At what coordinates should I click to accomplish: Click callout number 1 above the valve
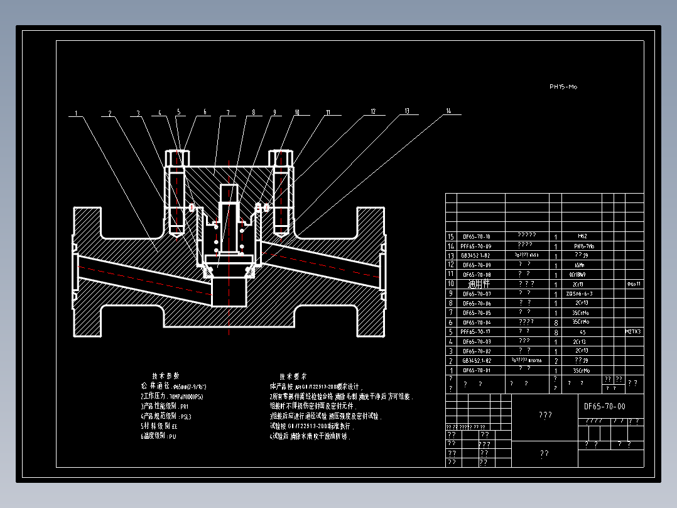(x=76, y=114)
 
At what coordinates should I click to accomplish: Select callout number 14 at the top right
(x=448, y=111)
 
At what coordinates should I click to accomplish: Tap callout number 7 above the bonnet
(x=228, y=113)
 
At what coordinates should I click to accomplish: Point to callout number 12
(x=373, y=111)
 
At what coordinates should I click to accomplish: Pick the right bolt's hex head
(x=280, y=157)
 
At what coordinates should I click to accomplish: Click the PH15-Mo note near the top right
(x=563, y=87)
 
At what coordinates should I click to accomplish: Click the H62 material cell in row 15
(x=583, y=236)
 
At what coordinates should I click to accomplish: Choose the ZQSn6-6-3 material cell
(x=580, y=294)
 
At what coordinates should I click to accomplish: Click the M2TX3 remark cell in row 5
(x=633, y=331)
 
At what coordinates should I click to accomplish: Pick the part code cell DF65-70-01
(x=477, y=370)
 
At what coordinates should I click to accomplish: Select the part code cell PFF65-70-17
(x=476, y=331)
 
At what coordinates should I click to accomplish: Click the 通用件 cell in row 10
(x=477, y=284)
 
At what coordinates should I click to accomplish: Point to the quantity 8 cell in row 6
(x=556, y=322)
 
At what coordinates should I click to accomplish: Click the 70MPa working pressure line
(x=172, y=397)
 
